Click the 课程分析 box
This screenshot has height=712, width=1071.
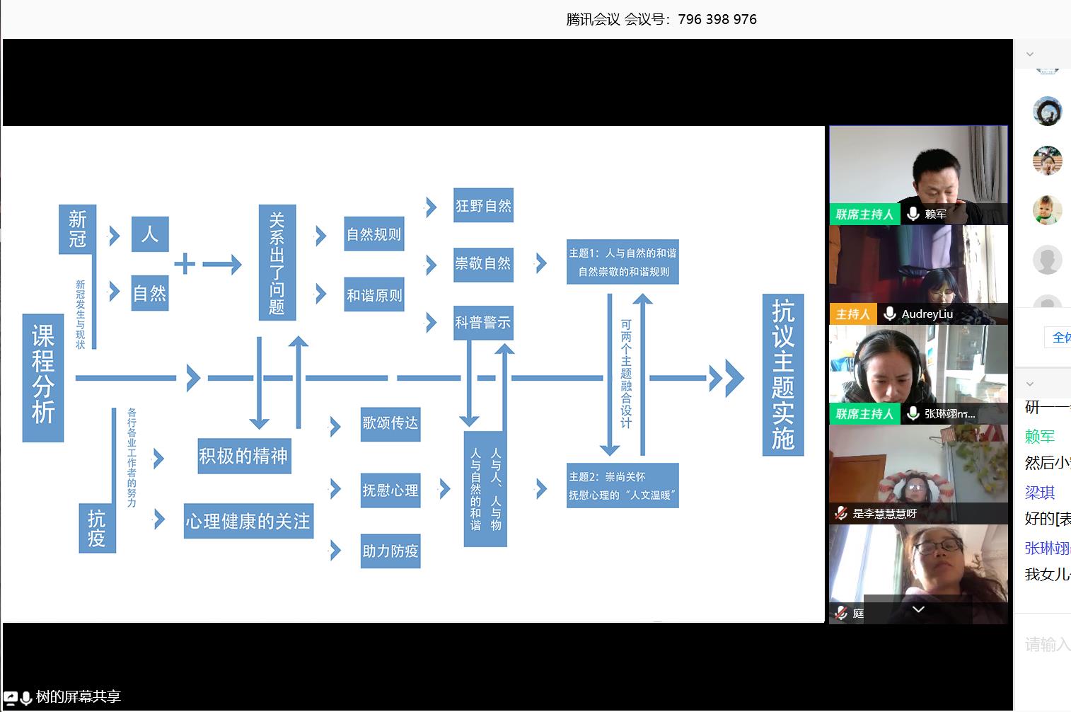tap(43, 377)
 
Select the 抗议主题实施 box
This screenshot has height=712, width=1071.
tap(782, 374)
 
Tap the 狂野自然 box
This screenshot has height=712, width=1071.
tap(483, 205)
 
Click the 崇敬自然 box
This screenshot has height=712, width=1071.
tap(483, 264)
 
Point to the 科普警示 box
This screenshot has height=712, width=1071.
tap(483, 323)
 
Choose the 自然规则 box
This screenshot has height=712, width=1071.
tap(374, 234)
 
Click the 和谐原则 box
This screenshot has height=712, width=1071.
tap(374, 294)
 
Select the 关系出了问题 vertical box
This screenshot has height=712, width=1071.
tap(277, 263)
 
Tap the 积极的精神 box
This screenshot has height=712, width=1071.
tap(243, 456)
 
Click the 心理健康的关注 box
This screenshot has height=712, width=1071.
tap(248, 522)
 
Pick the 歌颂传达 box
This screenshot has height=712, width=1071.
tap(390, 423)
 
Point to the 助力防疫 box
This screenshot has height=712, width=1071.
tap(390, 551)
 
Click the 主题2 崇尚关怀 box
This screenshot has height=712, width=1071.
tap(623, 486)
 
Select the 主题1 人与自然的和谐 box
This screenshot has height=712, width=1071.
tap(623, 262)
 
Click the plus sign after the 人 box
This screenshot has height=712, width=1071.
tap(185, 264)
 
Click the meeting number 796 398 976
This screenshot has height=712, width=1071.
tap(717, 19)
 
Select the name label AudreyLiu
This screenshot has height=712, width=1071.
tap(927, 314)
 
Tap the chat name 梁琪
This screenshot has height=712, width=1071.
tap(1039, 492)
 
